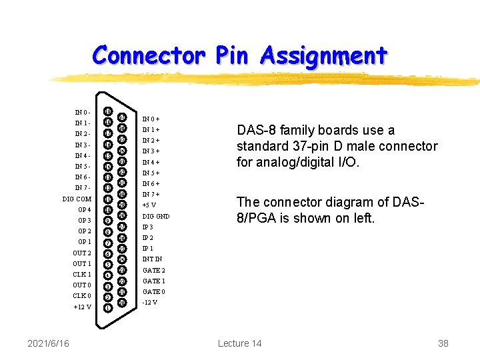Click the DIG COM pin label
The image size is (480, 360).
click(x=77, y=199)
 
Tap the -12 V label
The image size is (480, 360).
click(x=150, y=303)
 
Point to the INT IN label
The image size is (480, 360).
click(x=152, y=259)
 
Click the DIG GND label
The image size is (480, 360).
click(x=156, y=217)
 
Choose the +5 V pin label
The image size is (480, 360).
click(x=149, y=205)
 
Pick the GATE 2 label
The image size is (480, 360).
click(x=153, y=271)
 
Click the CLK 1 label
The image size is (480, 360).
click(x=82, y=275)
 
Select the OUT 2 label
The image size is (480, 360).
click(x=82, y=253)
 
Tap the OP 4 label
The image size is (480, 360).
click(x=85, y=210)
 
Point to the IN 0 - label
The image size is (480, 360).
click(x=83, y=113)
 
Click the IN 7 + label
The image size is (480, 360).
click(x=151, y=195)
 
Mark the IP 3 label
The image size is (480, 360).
click(x=148, y=227)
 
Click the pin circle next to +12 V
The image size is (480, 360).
click(x=108, y=307)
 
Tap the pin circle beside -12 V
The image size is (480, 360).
click(x=122, y=303)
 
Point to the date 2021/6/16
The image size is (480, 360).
click(x=49, y=343)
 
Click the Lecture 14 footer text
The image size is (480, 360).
click(x=239, y=343)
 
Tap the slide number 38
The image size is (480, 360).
click(x=443, y=343)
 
